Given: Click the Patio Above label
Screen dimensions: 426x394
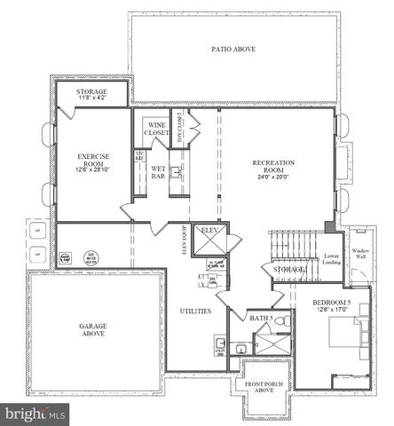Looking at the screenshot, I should coord(233,49).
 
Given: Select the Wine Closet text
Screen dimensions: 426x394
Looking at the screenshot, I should coord(157,128).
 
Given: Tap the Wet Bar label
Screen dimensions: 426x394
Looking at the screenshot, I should coord(159,171).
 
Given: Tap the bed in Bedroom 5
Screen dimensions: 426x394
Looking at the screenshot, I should coord(342,335).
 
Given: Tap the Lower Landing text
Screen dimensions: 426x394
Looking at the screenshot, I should coord(332,256).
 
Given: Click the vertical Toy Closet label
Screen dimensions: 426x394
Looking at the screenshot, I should coord(179,127).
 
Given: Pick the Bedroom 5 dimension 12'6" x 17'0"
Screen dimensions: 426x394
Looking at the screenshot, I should coord(332,310).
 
